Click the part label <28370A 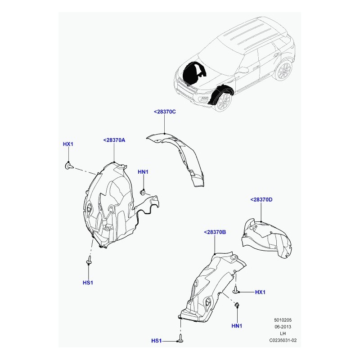coord(114,140)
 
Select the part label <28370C coord(165,112)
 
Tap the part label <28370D coord(261,200)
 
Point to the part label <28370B coord(215,232)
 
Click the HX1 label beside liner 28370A coord(68,144)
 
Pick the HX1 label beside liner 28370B coord(260,292)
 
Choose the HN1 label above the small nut coord(143,172)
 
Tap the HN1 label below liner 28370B coord(237,326)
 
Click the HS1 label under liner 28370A coord(88,283)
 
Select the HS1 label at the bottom coord(156,341)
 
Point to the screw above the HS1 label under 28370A coord(89,260)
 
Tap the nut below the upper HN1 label coord(143,193)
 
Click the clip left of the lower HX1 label coord(235,289)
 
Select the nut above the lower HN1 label coord(237,305)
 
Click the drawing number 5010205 coord(283,320)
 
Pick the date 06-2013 coord(283,327)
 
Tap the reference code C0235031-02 coord(283,340)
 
